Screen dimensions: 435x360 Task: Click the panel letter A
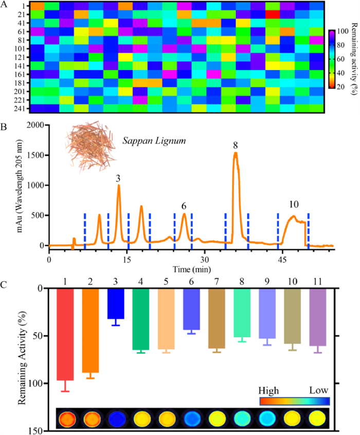5,5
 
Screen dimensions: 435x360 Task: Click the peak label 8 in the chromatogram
236,146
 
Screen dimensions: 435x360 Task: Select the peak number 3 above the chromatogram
118,178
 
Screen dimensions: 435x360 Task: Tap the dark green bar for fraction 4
143,319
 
